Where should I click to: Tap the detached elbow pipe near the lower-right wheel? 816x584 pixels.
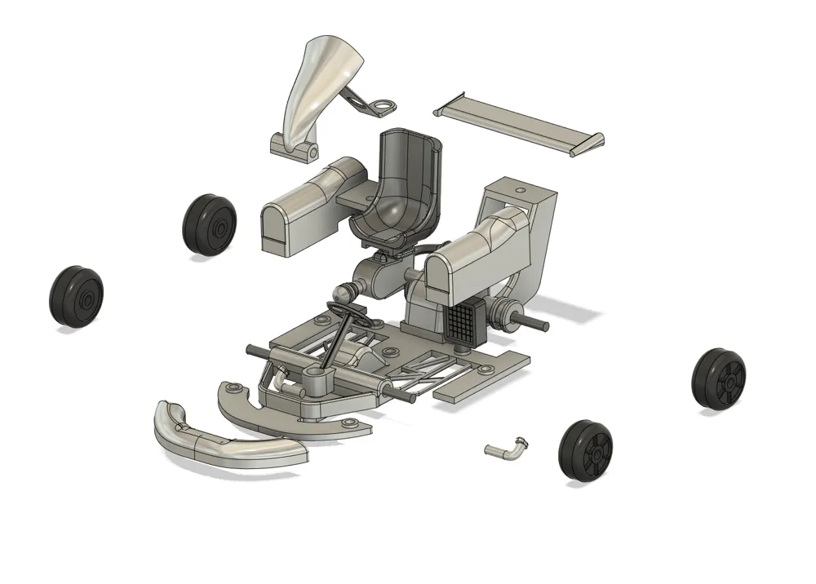tap(507, 449)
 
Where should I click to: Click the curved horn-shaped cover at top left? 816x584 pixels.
tap(316, 82)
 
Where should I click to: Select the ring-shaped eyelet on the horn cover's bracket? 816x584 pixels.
tap(381, 105)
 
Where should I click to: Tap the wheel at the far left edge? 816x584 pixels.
tap(76, 296)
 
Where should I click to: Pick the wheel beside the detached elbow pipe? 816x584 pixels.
tap(586, 451)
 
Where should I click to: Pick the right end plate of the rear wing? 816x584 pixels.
tap(589, 144)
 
